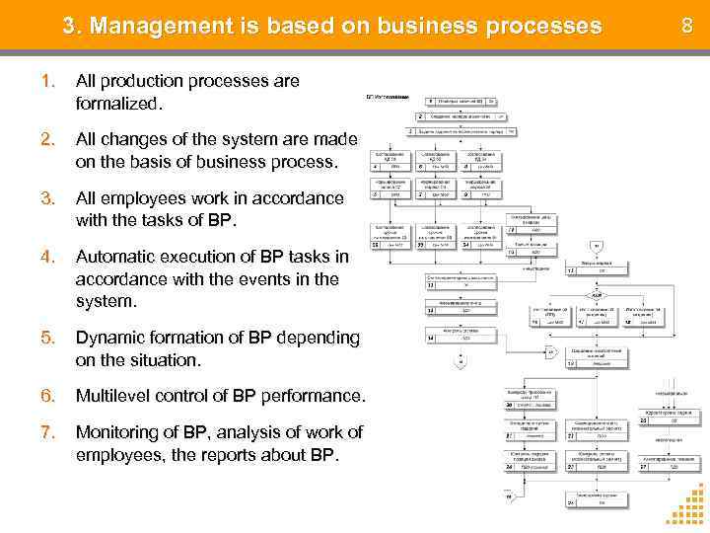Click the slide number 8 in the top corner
point(687,24)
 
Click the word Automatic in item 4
point(115,258)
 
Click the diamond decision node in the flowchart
point(597,295)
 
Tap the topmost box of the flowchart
point(461,101)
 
